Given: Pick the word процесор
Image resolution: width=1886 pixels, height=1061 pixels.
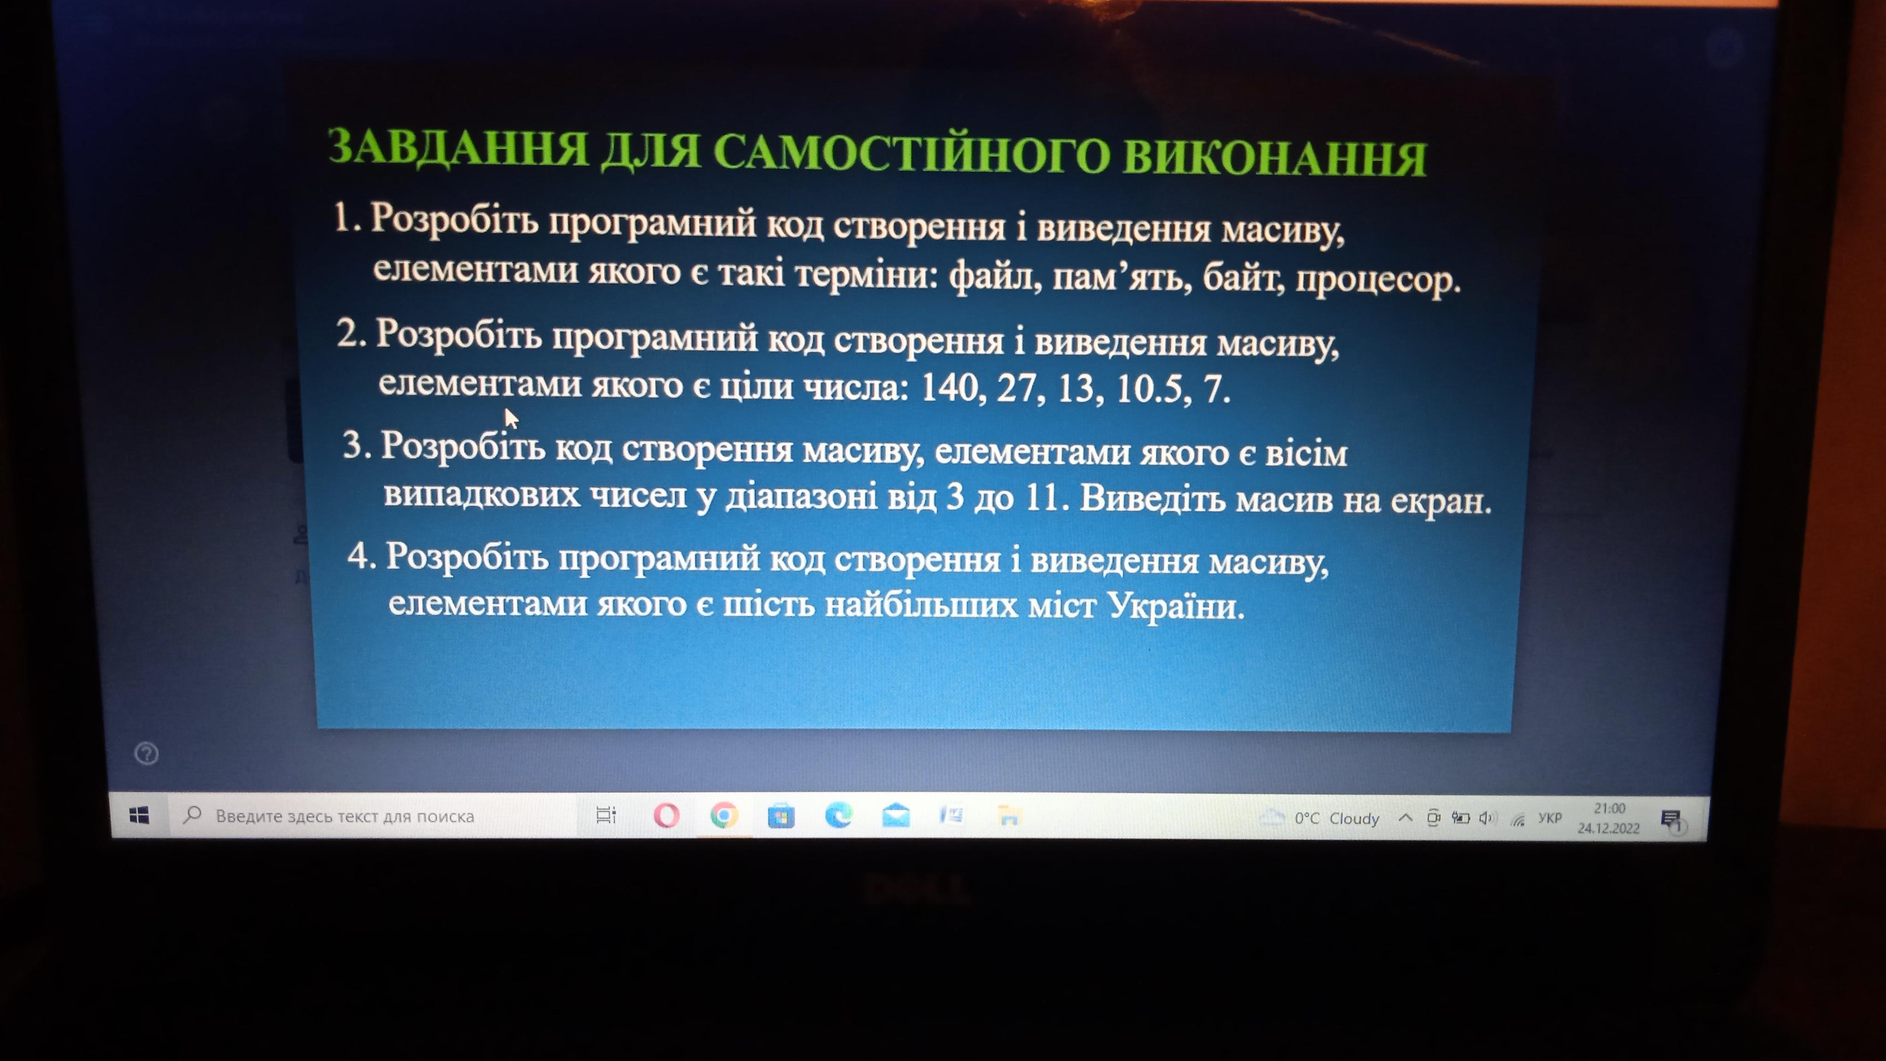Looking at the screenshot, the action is (x=1378, y=280).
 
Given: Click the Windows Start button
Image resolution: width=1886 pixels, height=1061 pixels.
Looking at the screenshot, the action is (x=139, y=815).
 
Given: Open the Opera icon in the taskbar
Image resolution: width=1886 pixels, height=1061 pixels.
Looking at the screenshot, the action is (x=666, y=816).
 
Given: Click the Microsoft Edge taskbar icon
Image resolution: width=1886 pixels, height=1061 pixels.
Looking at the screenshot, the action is (x=838, y=815).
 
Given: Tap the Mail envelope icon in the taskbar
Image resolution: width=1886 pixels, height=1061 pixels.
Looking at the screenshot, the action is (x=896, y=815).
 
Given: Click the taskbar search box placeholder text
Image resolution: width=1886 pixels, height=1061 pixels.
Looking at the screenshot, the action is (x=345, y=816).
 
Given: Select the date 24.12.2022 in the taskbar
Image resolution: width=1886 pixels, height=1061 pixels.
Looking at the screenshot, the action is (x=1608, y=828).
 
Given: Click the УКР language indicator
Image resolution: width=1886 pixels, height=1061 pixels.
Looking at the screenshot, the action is (x=1550, y=818).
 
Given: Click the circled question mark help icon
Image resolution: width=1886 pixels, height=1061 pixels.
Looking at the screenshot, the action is (x=146, y=753).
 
